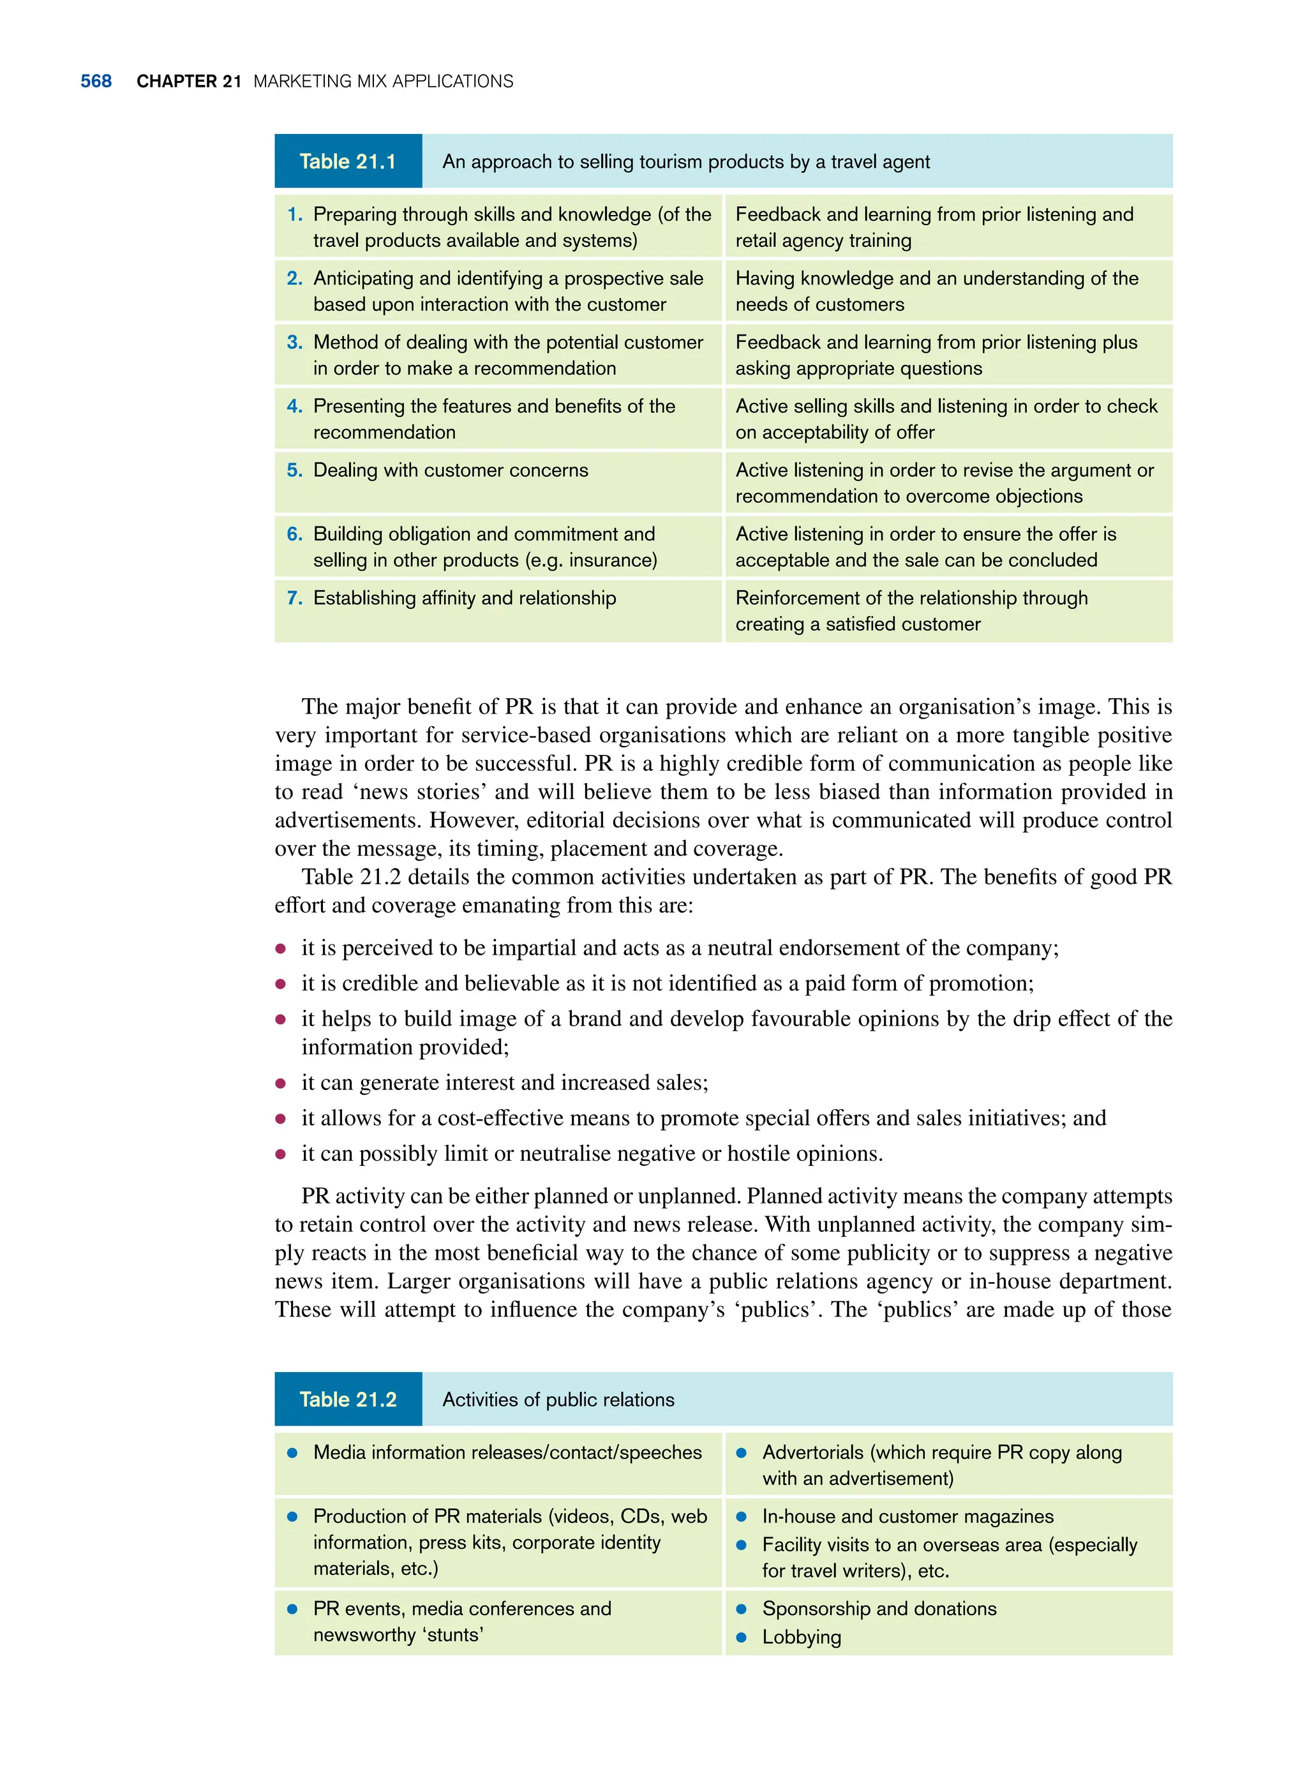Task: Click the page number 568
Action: click(x=96, y=82)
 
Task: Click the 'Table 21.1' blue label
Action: click(x=347, y=161)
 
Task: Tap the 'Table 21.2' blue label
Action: click(x=347, y=1399)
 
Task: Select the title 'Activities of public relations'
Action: click(x=558, y=1399)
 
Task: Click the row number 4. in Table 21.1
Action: click(x=294, y=407)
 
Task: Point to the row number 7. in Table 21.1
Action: click(x=294, y=598)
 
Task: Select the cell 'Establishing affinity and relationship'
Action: click(x=465, y=598)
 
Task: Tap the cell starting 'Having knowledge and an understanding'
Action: click(x=937, y=291)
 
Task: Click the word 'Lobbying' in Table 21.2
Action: click(x=802, y=1637)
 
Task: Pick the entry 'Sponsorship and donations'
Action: click(x=879, y=1608)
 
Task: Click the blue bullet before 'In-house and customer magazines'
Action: click(x=742, y=1516)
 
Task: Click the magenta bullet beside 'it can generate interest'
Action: click(x=280, y=1083)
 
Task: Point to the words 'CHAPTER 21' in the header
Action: click(x=188, y=82)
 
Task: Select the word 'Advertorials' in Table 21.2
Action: click(x=812, y=1452)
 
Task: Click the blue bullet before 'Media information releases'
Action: click(x=292, y=1452)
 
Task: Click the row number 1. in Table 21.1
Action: click(x=294, y=215)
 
